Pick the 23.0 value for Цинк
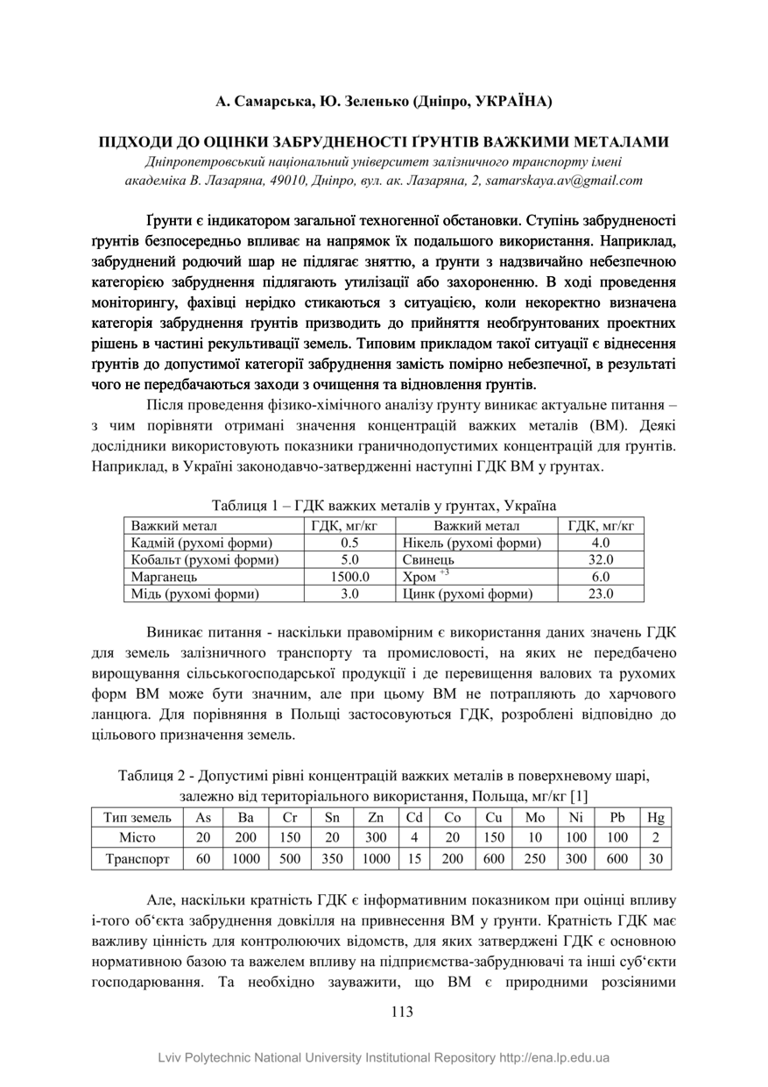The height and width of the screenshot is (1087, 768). click(x=601, y=594)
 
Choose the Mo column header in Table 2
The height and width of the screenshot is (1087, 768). click(x=533, y=818)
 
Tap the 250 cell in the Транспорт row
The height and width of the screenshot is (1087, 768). click(x=533, y=860)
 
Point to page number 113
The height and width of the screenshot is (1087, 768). click(x=402, y=1011)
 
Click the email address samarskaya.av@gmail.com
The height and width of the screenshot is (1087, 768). click(x=572, y=181)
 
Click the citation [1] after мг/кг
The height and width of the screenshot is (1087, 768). click(x=578, y=796)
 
